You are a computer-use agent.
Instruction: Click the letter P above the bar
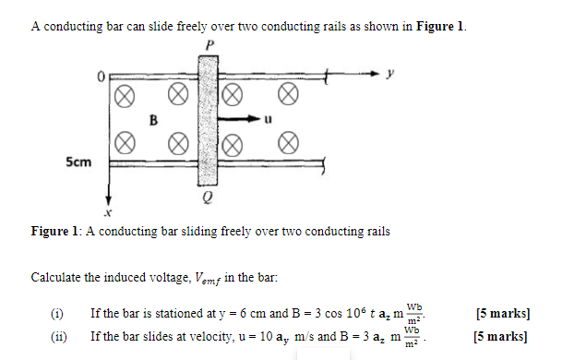(209, 43)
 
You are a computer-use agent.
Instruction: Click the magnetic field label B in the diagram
(155, 119)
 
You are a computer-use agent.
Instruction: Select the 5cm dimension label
(78, 162)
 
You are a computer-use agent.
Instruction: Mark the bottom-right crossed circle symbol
(288, 143)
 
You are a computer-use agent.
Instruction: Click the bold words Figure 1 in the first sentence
(440, 26)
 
